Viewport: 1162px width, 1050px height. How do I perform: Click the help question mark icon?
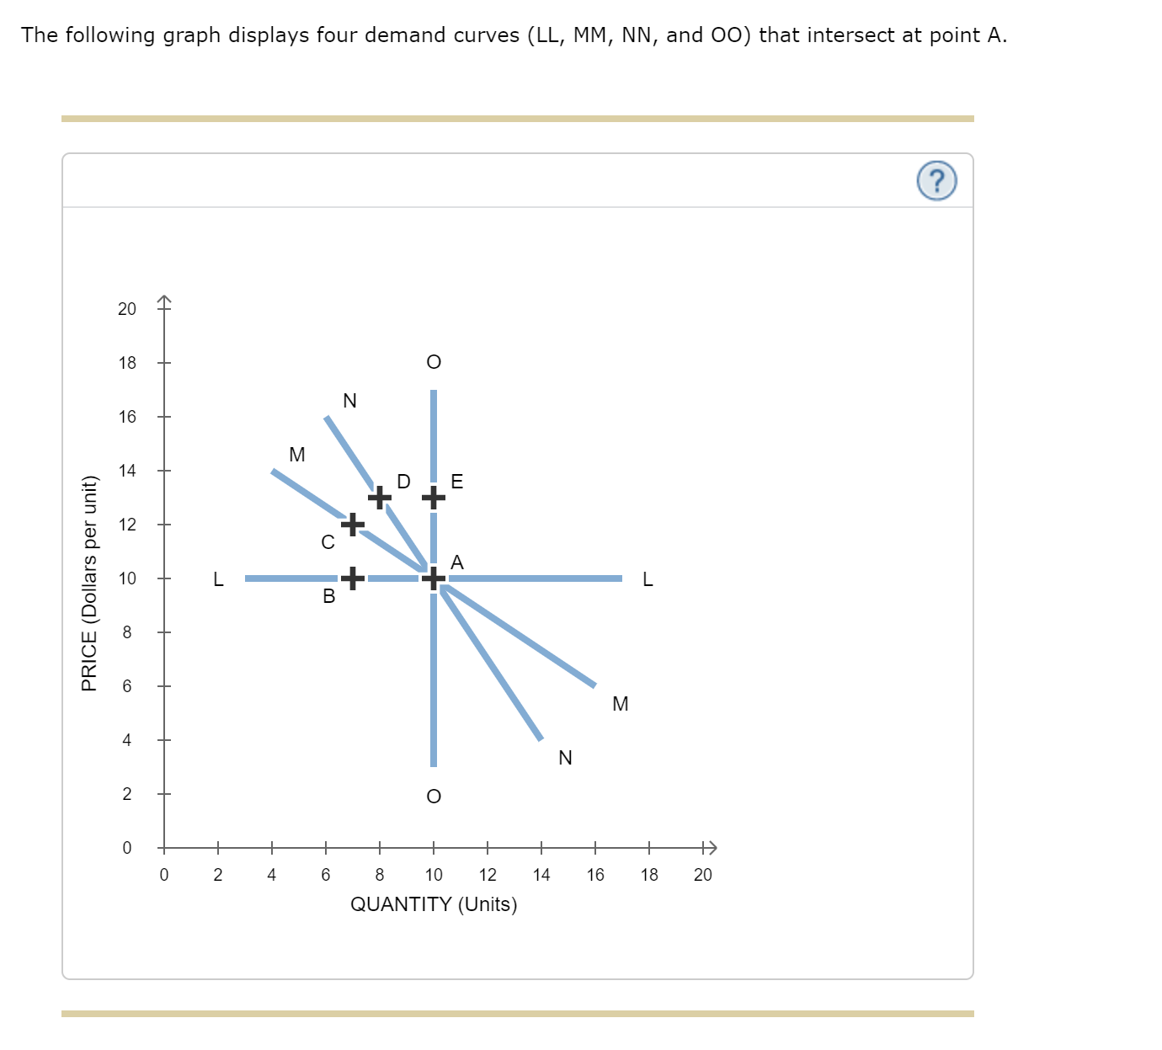pyautogui.click(x=936, y=181)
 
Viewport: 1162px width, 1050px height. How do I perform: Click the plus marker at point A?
pyautogui.click(x=433, y=578)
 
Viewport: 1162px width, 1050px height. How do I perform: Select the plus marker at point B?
pyautogui.click(x=353, y=578)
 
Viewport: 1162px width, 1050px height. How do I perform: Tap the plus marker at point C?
pyautogui.click(x=353, y=525)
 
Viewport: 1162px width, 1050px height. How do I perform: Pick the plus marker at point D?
pyautogui.click(x=380, y=498)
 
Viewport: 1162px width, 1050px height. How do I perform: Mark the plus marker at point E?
pyautogui.click(x=433, y=498)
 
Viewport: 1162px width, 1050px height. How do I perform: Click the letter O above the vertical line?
pyautogui.click(x=433, y=362)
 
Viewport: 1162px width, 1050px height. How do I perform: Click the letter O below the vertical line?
pyautogui.click(x=433, y=797)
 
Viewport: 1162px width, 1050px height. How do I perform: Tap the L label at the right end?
pyautogui.click(x=647, y=579)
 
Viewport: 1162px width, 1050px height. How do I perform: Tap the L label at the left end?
pyautogui.click(x=218, y=579)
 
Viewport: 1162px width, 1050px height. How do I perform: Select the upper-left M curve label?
pyautogui.click(x=297, y=455)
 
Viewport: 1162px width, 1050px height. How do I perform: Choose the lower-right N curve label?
pyautogui.click(x=565, y=758)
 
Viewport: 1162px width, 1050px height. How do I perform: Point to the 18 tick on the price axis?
pyautogui.click(x=127, y=363)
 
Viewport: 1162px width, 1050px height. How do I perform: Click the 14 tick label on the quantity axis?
pyautogui.click(x=541, y=875)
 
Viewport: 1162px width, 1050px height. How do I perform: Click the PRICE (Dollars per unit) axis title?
pyautogui.click(x=89, y=584)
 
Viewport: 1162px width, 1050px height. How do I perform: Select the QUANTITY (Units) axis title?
pyautogui.click(x=433, y=904)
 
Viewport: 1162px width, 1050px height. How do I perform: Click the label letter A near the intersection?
pyautogui.click(x=457, y=562)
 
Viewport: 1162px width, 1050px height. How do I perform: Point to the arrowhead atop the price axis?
pyautogui.click(x=164, y=300)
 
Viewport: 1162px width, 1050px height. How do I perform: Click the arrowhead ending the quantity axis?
pyautogui.click(x=710, y=847)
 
